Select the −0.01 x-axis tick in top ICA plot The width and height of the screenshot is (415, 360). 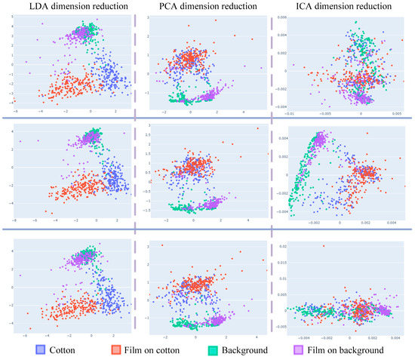289,114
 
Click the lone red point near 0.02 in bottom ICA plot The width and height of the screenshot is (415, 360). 323,246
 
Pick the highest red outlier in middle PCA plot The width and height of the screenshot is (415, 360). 257,128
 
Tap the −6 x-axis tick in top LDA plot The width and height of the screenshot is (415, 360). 14,114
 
